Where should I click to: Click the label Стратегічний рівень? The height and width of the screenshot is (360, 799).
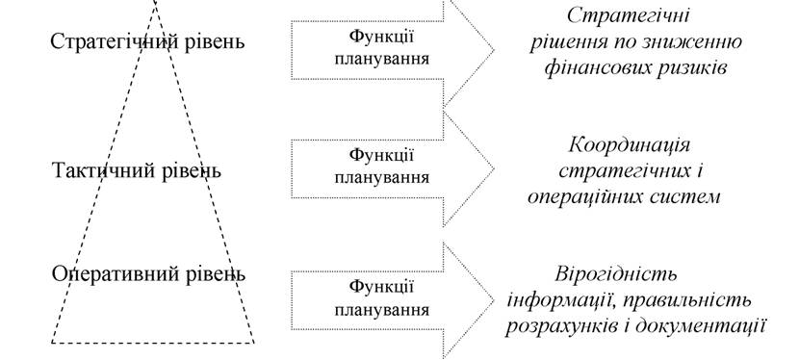(x=148, y=41)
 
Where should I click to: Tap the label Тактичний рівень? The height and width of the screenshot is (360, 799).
(x=137, y=170)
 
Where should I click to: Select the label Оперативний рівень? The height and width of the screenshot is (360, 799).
(x=148, y=274)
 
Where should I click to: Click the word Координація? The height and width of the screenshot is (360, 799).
(x=630, y=145)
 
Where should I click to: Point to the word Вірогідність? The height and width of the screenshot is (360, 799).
(x=616, y=274)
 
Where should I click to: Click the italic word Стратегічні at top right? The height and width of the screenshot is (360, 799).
(x=628, y=15)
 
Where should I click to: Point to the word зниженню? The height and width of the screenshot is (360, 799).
(x=697, y=42)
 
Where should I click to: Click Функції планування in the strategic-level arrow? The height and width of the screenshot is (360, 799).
(x=381, y=47)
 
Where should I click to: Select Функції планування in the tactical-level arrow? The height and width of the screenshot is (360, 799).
(x=381, y=166)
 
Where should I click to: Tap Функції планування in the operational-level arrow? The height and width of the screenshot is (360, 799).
(x=381, y=297)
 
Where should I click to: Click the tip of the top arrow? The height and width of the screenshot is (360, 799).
(x=494, y=50)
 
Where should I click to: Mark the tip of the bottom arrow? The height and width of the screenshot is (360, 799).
(x=494, y=300)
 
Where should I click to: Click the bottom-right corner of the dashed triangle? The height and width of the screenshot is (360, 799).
(x=254, y=342)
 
